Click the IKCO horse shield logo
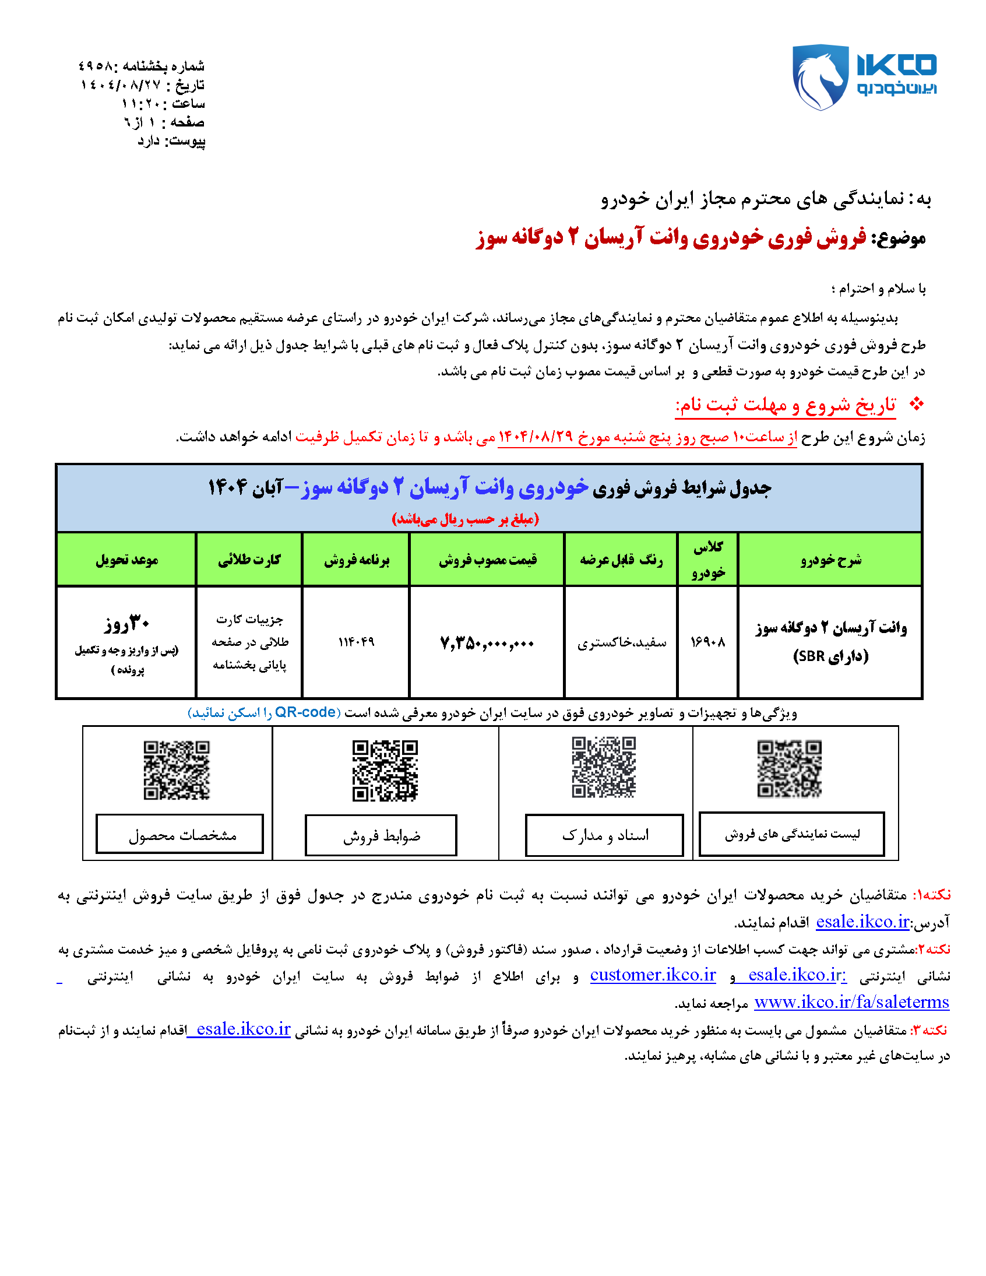819,76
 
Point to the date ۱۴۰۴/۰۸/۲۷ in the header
120,85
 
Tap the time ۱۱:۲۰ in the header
144,104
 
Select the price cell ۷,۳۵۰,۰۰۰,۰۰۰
487,644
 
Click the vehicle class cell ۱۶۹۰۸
707,642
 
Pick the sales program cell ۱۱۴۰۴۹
355,642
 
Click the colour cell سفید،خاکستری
622,643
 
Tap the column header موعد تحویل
127,560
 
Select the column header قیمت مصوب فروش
487,560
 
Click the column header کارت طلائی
249,560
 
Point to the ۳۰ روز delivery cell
127,624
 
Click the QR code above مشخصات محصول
177,770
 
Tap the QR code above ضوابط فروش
385,771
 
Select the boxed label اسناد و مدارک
604,835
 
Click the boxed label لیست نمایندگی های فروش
791,834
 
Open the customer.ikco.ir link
653,975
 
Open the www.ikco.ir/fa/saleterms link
851,1003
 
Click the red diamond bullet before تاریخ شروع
917,404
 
